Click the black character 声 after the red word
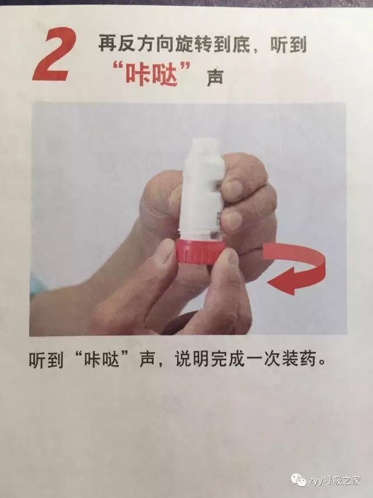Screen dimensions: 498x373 [215, 78]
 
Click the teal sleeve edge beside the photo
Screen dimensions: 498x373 [37, 286]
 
